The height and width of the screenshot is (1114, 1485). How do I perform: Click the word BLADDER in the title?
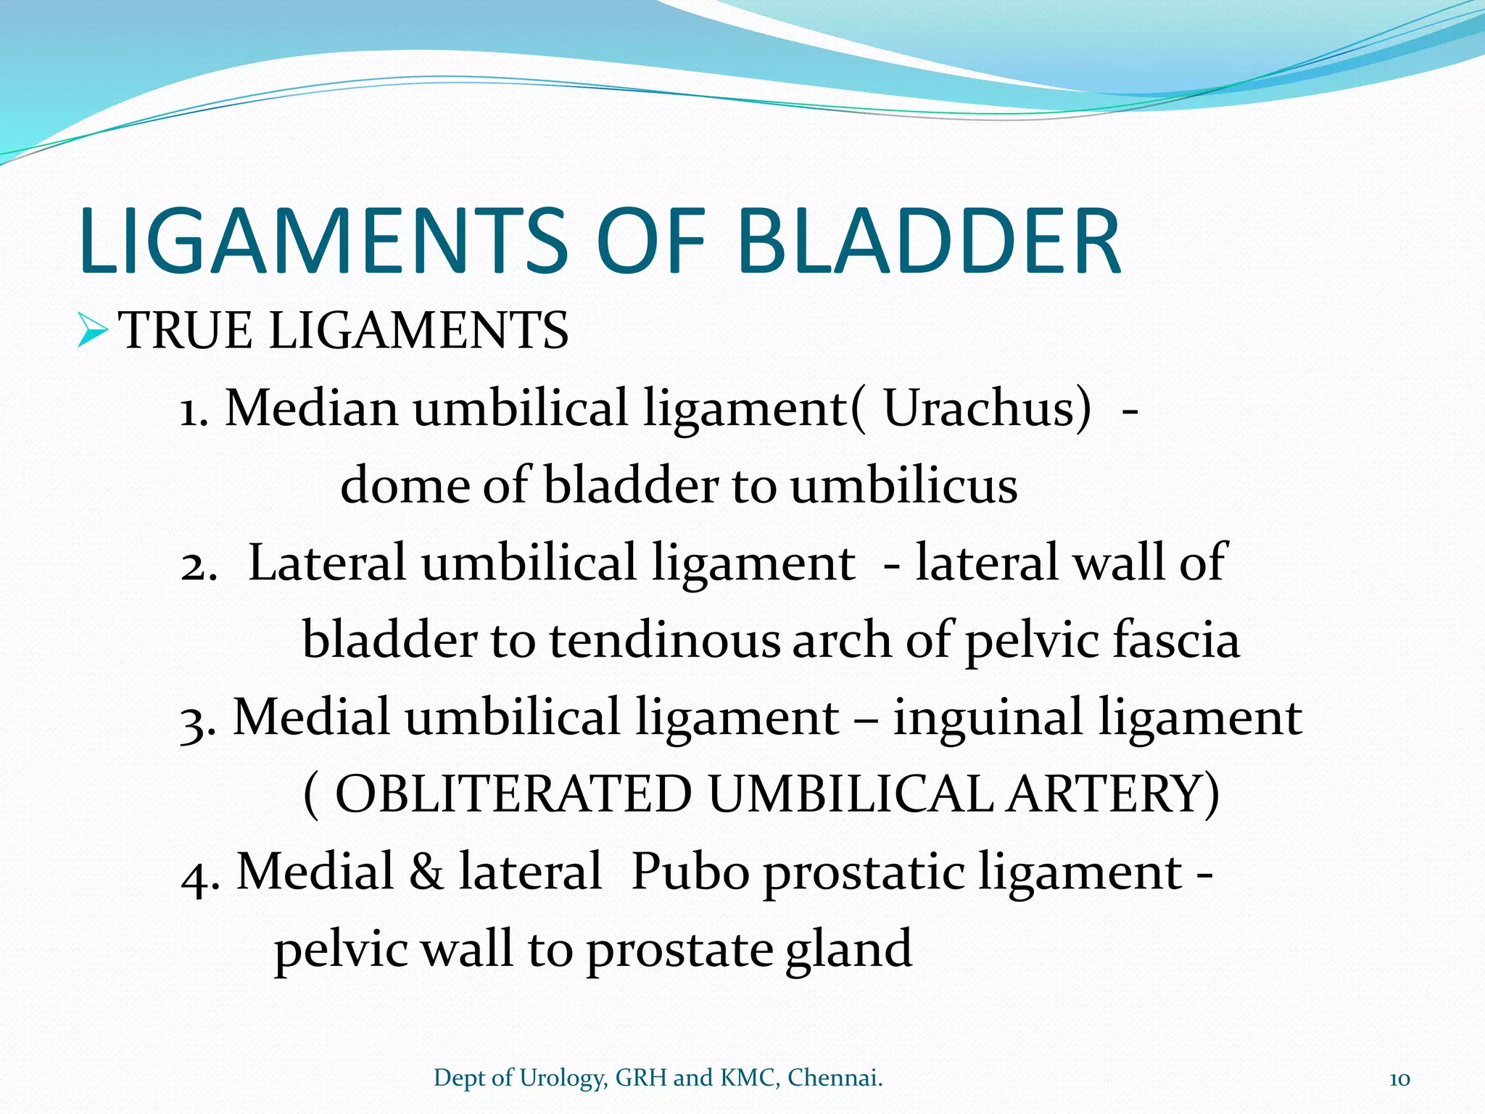(x=930, y=242)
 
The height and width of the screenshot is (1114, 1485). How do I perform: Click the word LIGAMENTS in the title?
(x=324, y=242)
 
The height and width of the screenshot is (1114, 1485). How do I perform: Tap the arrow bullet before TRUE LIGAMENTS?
(x=92, y=330)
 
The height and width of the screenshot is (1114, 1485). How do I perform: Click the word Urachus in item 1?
(x=986, y=408)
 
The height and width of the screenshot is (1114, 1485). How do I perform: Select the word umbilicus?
(x=903, y=486)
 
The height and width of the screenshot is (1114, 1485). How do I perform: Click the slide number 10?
(x=1399, y=1079)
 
